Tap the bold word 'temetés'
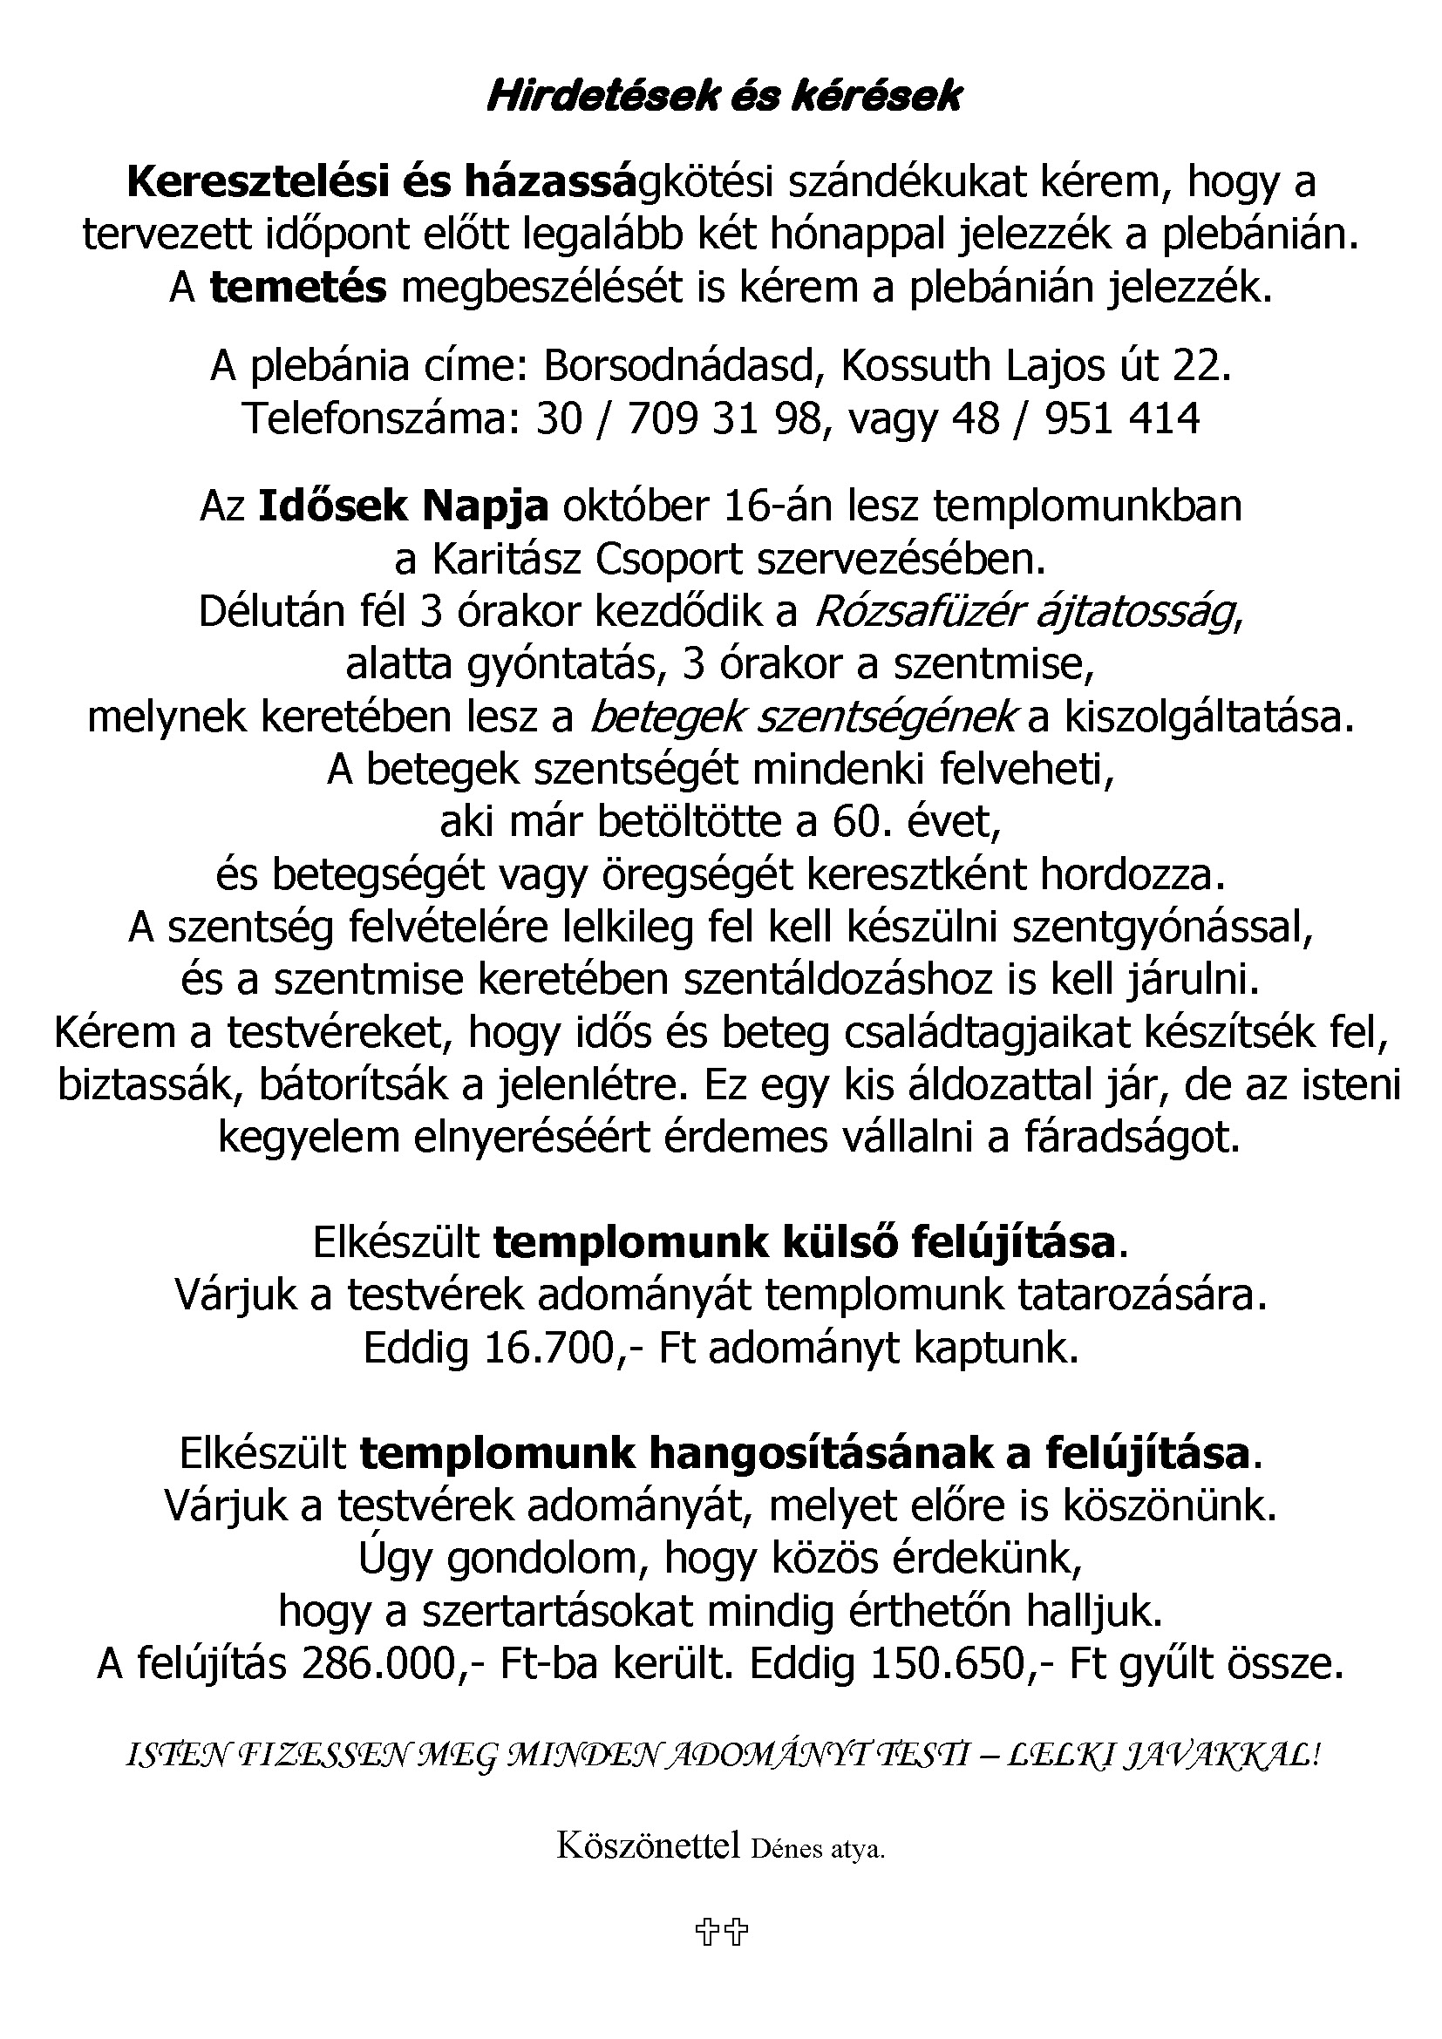(297, 288)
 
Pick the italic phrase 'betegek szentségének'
(803, 717)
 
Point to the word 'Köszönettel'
(648, 1846)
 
